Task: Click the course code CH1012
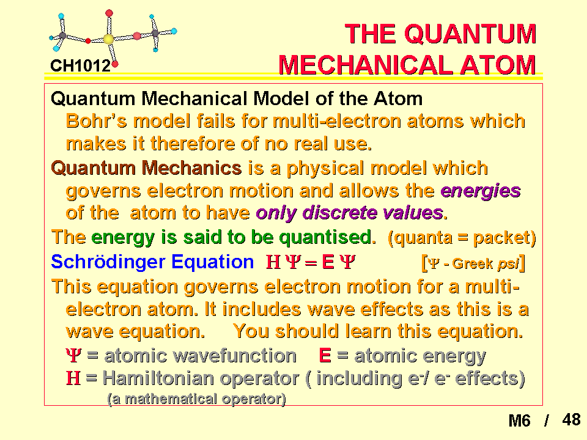click(81, 66)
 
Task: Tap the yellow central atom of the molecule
click(109, 39)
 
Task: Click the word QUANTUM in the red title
click(471, 34)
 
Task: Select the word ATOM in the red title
click(498, 65)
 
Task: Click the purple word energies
click(481, 191)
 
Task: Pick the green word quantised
click(328, 237)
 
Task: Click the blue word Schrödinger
click(109, 262)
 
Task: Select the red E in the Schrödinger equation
click(328, 262)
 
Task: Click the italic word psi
click(508, 264)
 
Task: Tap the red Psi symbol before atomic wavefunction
click(73, 356)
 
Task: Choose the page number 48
click(571, 420)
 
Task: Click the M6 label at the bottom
click(520, 421)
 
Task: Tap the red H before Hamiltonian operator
click(73, 378)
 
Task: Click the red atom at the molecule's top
click(109, 13)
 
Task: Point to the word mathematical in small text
click(171, 399)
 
